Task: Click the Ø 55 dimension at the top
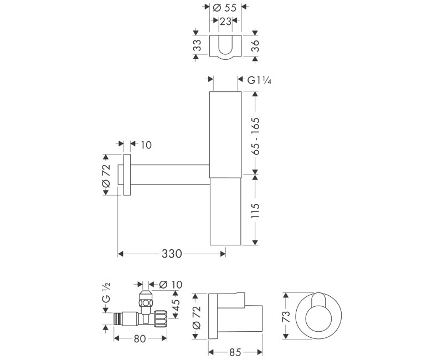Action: tap(225, 8)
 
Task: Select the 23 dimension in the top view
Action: tap(225, 22)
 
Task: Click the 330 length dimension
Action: tap(172, 254)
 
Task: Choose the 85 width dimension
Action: tap(235, 351)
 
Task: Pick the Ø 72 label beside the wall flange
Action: tap(106, 175)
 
